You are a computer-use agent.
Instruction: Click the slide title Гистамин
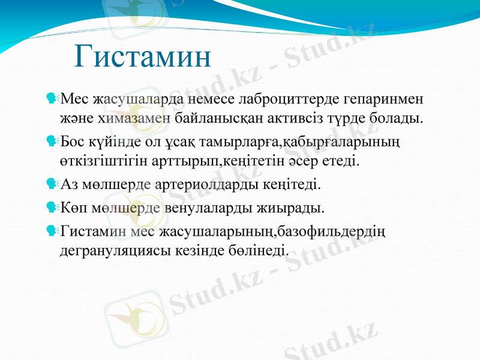(x=143, y=57)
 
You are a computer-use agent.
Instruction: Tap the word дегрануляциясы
(x=112, y=249)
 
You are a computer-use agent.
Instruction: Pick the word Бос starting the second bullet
(x=73, y=142)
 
